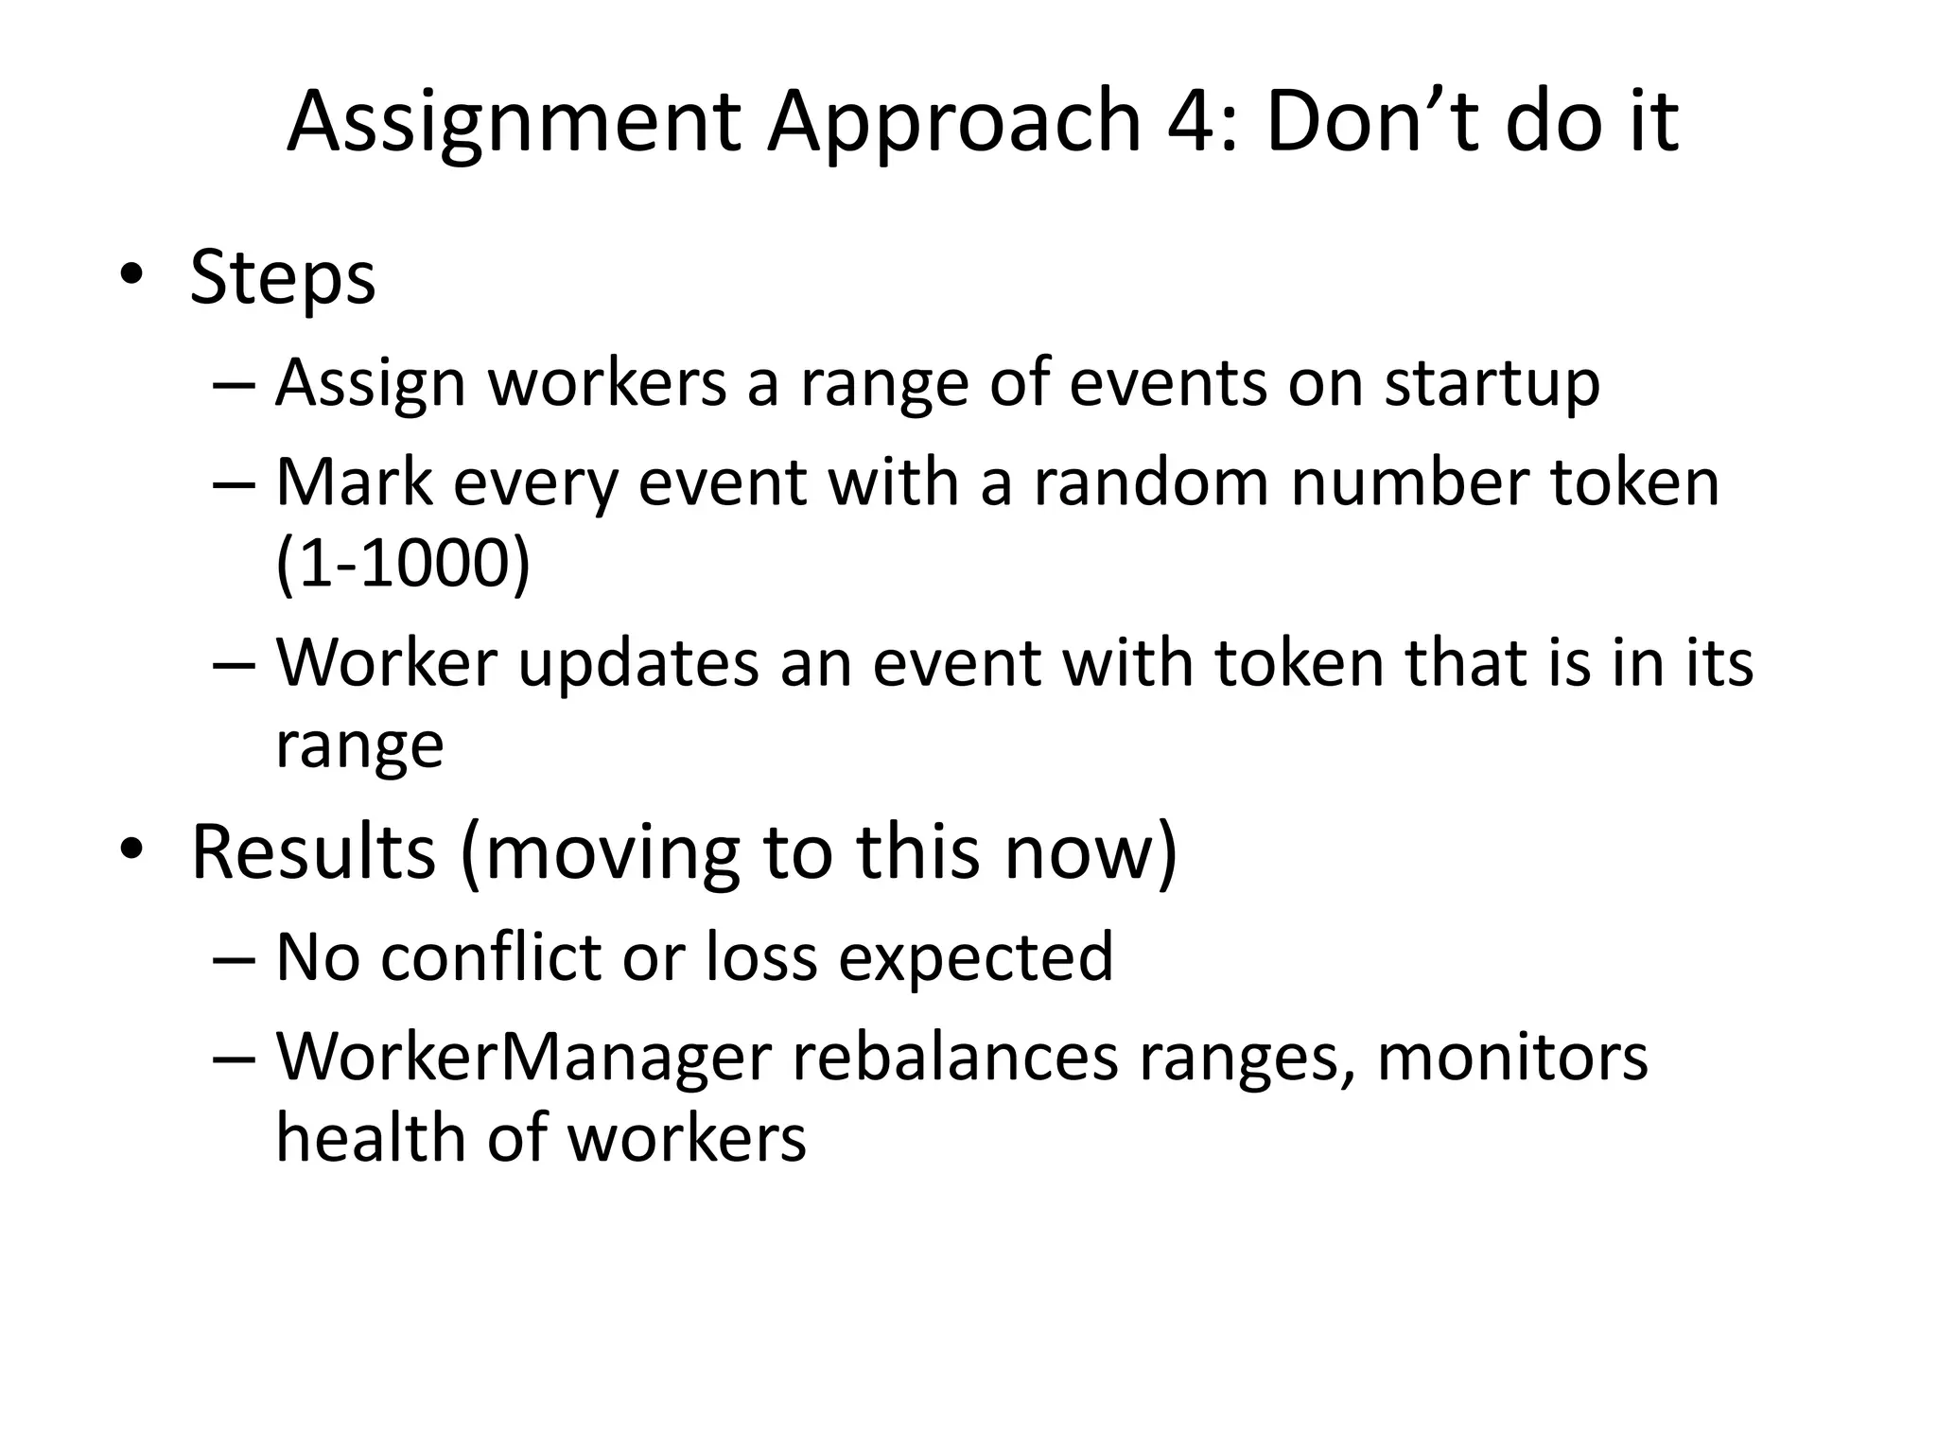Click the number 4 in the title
(1198, 122)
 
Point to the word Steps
(283, 278)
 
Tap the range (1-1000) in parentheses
(403, 564)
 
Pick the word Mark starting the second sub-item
(354, 482)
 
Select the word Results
(313, 851)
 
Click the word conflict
(491, 957)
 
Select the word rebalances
(955, 1058)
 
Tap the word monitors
(1512, 1058)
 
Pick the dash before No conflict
(235, 957)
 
